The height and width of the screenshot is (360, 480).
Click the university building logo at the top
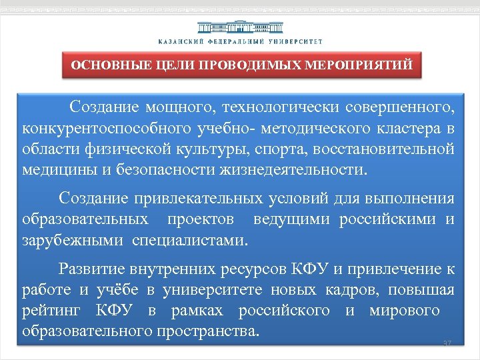point(240,27)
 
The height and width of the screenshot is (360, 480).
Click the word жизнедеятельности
point(291,167)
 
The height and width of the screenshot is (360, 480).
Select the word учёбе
point(121,291)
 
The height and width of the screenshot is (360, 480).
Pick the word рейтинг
point(50,311)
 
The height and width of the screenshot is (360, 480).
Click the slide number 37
point(447,343)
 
